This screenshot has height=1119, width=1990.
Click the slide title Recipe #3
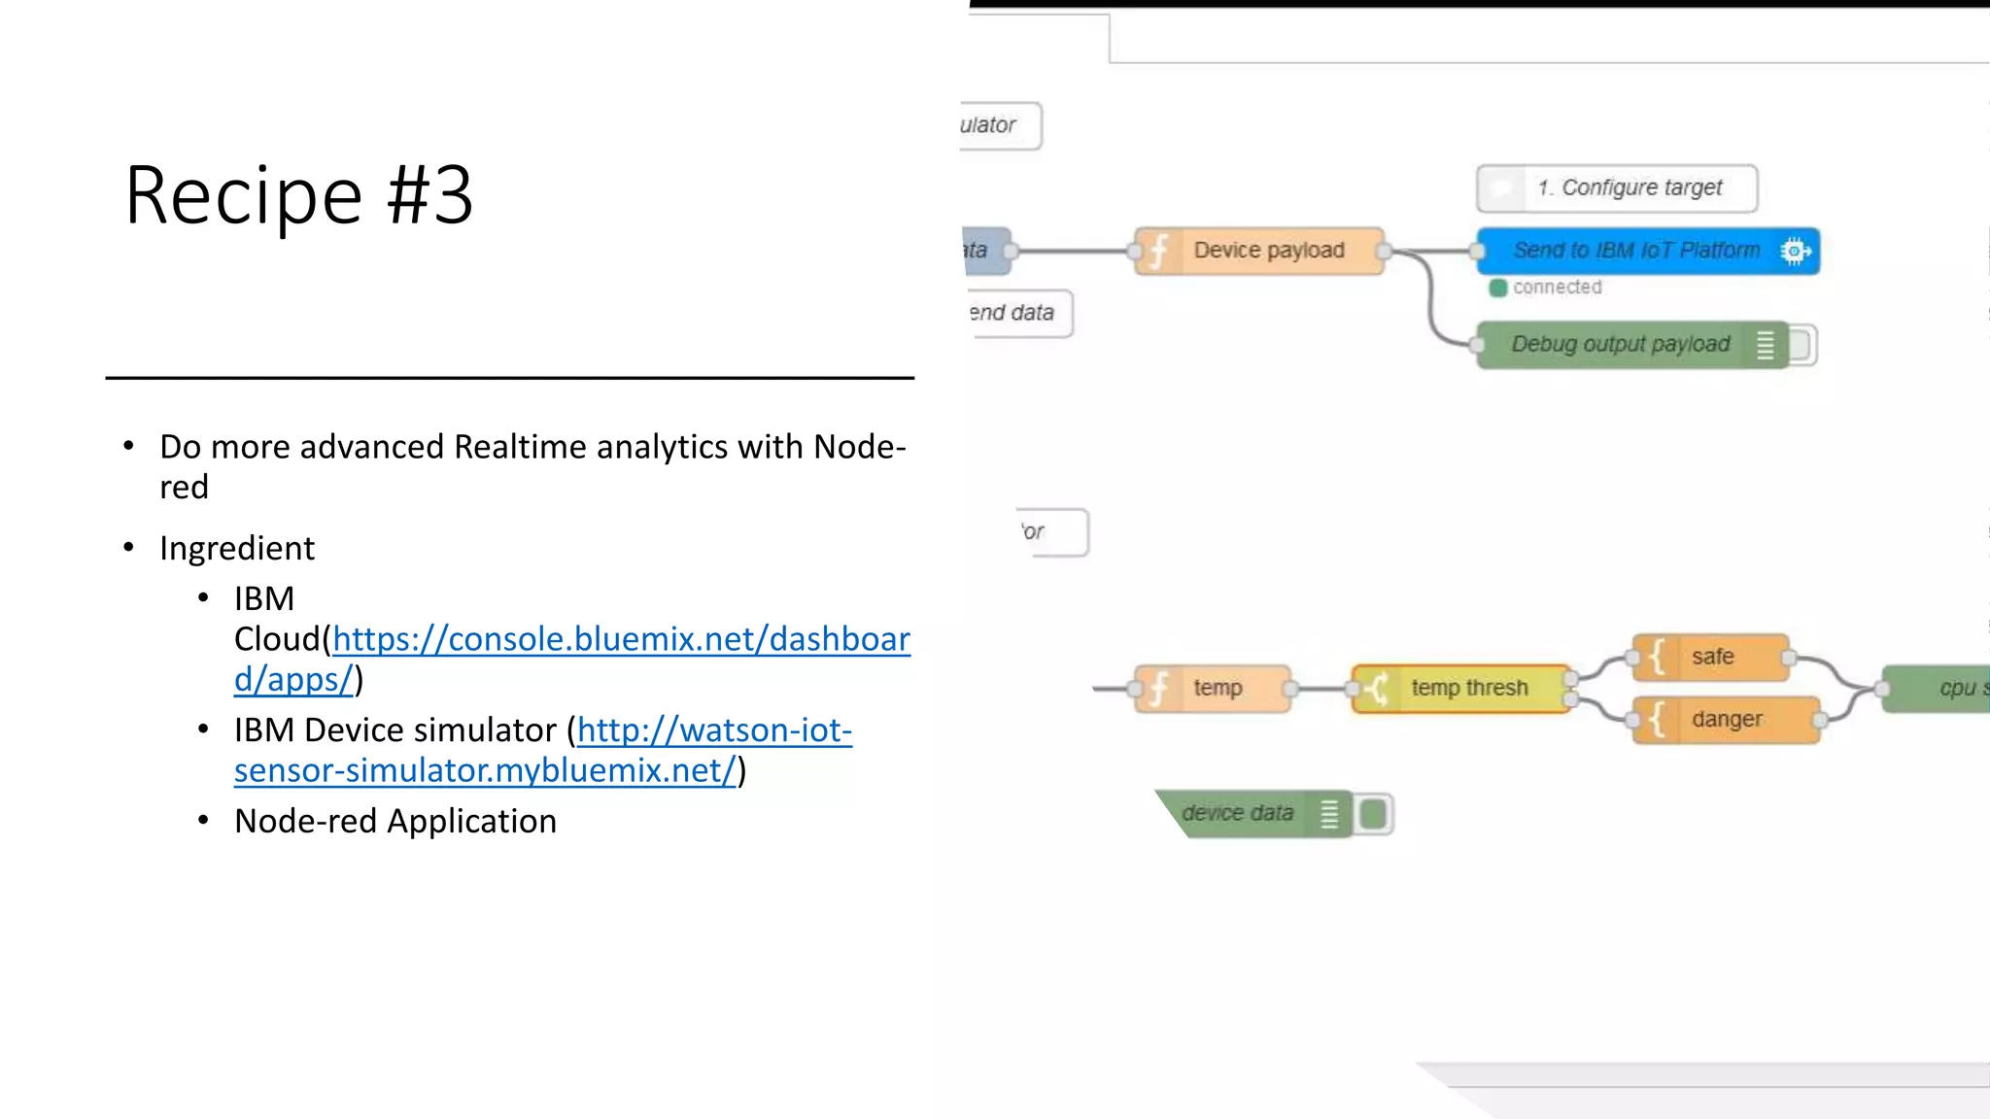(x=298, y=196)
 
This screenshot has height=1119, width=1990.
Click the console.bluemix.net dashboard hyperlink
(x=620, y=640)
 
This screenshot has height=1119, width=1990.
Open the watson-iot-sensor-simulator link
(x=714, y=731)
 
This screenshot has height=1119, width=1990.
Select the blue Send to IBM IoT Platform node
(x=1635, y=252)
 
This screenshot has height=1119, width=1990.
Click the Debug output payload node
(x=1620, y=345)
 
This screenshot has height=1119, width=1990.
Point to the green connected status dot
(x=1498, y=288)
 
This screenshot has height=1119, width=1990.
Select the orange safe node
(x=1711, y=658)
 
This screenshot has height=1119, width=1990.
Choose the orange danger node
(x=1726, y=720)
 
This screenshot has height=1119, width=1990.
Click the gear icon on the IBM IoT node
(x=1794, y=252)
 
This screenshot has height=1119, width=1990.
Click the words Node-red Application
(x=395, y=822)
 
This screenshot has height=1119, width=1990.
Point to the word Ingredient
(x=237, y=549)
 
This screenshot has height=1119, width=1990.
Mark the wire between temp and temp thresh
(x=1321, y=689)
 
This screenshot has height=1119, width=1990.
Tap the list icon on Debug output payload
(x=1766, y=345)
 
